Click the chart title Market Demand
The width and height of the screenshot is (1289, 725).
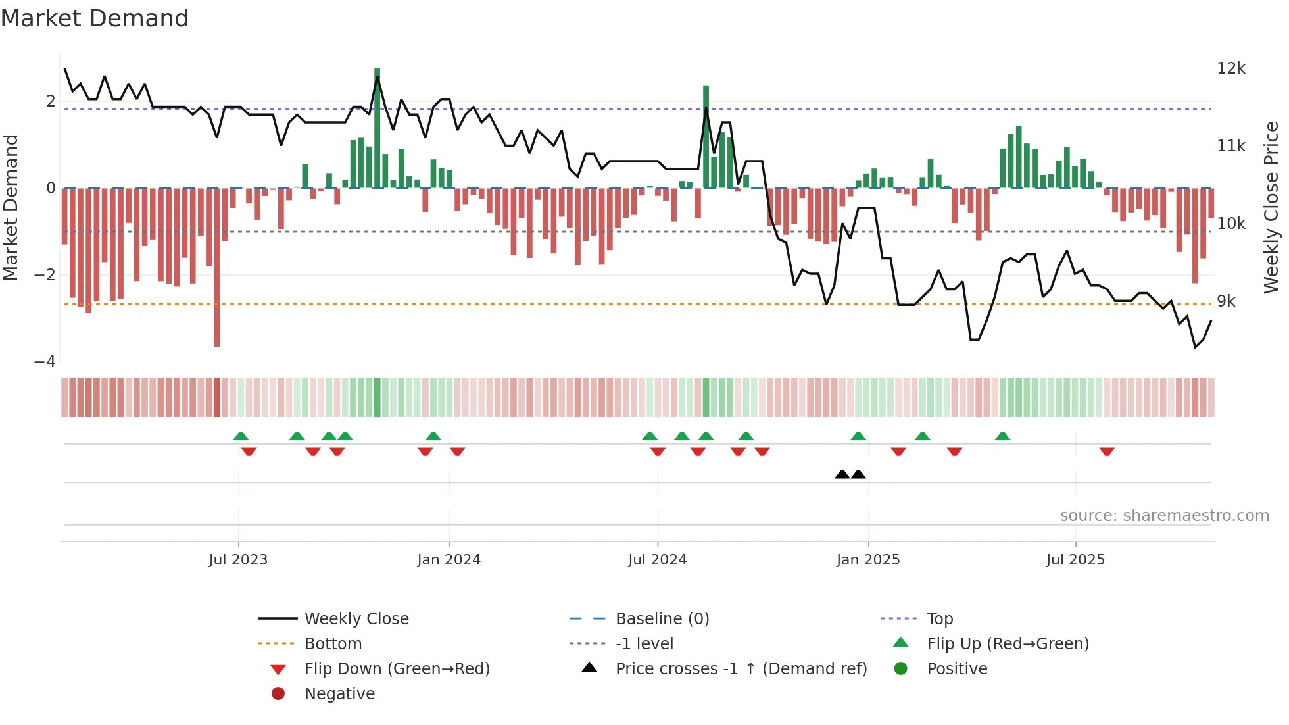95,18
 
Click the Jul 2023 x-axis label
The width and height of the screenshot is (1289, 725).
238,560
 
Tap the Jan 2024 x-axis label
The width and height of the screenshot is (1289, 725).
449,560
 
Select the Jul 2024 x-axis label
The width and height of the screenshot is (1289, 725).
658,560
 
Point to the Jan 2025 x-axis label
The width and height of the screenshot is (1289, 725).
868,560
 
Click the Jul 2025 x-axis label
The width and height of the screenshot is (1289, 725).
1076,560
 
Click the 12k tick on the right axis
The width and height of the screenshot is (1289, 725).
1231,68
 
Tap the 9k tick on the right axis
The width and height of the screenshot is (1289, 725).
1227,301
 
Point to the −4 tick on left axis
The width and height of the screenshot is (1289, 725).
45,362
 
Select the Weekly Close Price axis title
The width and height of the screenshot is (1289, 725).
1271,207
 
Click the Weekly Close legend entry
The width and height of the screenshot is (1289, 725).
356,619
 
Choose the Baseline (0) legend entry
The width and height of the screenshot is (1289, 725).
662,619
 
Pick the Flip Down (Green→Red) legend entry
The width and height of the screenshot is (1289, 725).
397,669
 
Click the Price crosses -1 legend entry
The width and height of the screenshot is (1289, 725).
741,669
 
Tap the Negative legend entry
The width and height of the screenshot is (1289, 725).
339,694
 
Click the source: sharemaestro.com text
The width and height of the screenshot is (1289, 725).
1164,516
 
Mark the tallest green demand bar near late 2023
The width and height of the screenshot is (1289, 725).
377,128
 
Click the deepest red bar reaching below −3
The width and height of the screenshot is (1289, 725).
217,266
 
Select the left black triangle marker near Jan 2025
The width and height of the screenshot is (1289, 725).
842,474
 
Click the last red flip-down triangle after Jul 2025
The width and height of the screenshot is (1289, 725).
1107,451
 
